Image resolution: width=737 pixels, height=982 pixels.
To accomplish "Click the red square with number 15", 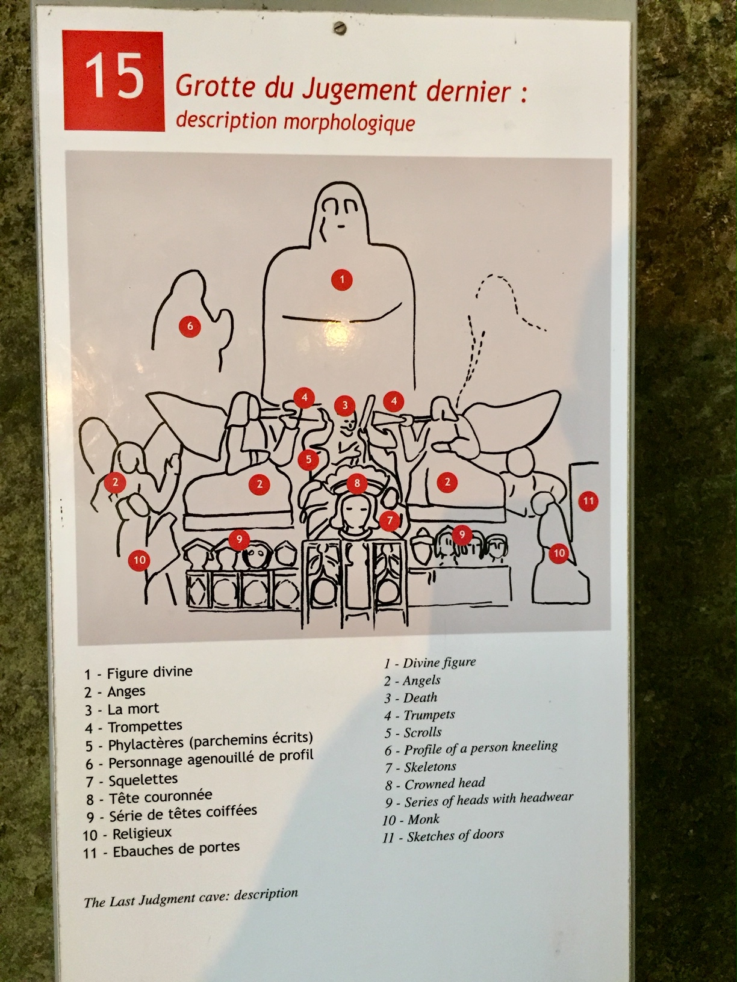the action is point(114,81).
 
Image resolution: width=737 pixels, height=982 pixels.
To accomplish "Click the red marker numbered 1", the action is point(342,280).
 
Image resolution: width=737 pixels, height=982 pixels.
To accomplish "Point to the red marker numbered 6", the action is point(190,326).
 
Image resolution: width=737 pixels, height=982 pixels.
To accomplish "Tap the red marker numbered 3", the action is point(344,406).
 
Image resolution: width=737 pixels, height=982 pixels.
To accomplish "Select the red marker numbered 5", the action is point(308,459).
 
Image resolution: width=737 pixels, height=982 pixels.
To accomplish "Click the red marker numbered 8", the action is point(356,483).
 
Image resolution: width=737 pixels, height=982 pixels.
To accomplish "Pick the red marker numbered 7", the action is point(390,520).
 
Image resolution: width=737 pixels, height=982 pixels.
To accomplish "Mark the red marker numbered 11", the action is point(588,501).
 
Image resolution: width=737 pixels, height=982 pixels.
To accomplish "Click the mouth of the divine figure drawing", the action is point(341,226).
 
